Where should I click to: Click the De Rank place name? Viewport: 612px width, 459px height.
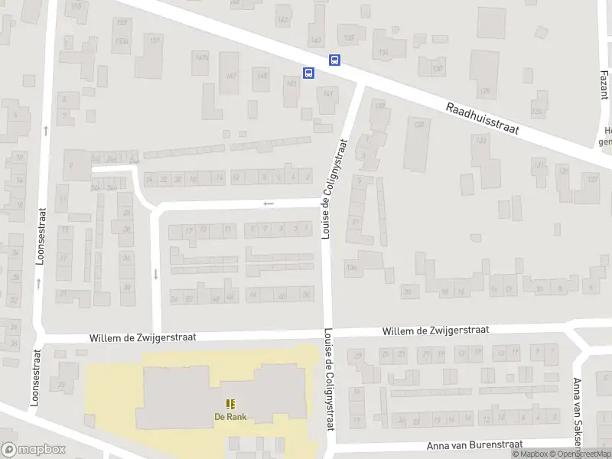[x=229, y=417]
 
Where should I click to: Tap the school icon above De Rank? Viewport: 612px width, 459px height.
[x=229, y=404]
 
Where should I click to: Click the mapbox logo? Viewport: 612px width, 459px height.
[x=32, y=450]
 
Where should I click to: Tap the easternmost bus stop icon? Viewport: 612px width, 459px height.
[x=334, y=60]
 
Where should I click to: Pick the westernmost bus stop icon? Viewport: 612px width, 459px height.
[x=308, y=73]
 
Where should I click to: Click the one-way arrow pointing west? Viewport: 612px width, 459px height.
[x=268, y=203]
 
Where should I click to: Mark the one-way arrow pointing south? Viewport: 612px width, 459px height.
[x=156, y=274]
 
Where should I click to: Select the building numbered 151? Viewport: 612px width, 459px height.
[x=155, y=41]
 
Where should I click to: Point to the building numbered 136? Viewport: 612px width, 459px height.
[x=384, y=53]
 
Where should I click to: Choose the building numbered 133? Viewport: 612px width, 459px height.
[x=481, y=141]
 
